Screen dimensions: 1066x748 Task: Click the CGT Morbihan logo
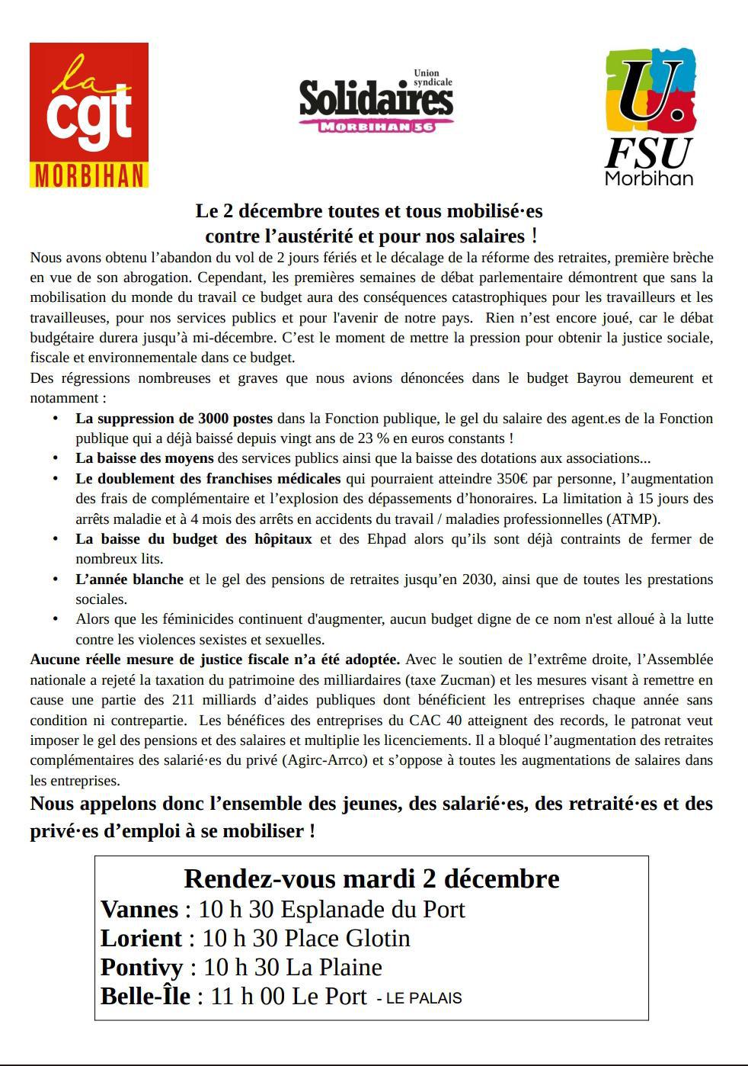click(x=88, y=115)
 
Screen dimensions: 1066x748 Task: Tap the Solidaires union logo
click(x=376, y=101)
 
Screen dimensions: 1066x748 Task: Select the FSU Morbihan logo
click(x=649, y=117)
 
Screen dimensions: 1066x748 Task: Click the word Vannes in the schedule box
click(x=139, y=909)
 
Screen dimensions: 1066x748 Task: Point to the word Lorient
click(x=141, y=938)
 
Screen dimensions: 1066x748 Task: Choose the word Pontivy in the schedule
click(x=142, y=967)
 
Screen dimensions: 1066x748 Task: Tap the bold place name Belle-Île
click(x=145, y=996)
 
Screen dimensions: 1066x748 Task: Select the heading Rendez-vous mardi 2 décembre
click(x=372, y=878)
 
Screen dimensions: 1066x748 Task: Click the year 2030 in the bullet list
click(x=479, y=580)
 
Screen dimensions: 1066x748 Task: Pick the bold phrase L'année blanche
click(x=129, y=580)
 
